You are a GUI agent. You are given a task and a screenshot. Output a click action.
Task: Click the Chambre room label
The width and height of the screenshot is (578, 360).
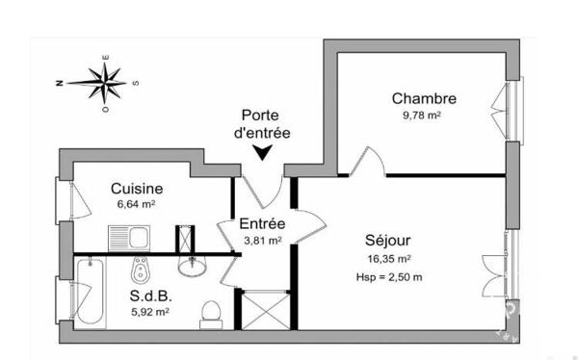(x=424, y=99)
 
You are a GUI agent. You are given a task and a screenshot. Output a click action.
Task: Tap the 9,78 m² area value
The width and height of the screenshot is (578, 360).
(x=422, y=116)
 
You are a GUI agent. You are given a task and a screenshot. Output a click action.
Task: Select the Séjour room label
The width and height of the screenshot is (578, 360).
(x=388, y=241)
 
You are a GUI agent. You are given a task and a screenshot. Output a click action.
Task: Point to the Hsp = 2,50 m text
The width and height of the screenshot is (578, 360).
(x=389, y=277)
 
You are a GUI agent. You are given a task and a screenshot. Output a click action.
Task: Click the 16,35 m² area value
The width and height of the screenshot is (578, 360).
(x=389, y=259)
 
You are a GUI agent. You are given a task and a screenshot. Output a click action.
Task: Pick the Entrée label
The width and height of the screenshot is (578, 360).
(x=262, y=223)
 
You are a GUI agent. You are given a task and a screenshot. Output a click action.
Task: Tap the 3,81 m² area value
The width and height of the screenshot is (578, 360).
(x=263, y=241)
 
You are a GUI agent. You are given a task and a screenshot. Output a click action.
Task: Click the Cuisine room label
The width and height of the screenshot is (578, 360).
(x=137, y=189)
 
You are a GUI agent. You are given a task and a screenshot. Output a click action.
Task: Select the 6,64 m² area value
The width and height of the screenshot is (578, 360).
(x=136, y=204)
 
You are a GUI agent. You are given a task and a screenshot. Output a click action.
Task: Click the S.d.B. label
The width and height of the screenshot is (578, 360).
(x=151, y=296)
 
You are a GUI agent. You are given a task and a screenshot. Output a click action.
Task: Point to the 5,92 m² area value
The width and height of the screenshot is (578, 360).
(x=150, y=312)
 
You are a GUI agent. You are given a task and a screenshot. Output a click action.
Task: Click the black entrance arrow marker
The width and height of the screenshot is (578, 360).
(x=262, y=152)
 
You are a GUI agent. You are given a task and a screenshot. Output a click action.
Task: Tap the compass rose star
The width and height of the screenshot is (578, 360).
(x=105, y=84)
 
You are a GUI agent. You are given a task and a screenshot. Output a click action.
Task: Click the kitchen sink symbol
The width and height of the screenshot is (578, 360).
(x=129, y=239)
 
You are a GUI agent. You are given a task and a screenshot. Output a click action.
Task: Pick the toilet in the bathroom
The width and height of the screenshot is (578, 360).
(x=211, y=315)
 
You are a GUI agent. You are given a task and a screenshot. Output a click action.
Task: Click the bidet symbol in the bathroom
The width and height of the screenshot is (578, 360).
(x=140, y=270)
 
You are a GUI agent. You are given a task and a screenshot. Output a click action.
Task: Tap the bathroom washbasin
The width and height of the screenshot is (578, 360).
(x=192, y=266)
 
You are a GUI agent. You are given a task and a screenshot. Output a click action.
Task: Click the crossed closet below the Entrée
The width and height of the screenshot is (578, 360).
(x=266, y=310)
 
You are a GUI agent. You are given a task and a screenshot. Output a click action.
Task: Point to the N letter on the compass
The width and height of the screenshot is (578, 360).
(x=59, y=84)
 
